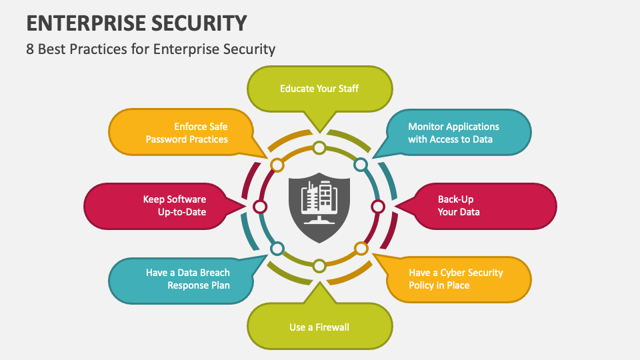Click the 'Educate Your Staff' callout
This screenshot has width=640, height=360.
tap(319, 88)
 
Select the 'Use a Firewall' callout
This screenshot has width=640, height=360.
tap(319, 327)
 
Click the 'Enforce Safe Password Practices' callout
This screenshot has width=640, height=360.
tap(180, 133)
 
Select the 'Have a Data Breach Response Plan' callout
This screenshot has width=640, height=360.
tap(180, 279)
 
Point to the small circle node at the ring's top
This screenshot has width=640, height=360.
tap(319, 148)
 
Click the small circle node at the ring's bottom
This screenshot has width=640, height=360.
tap(319, 266)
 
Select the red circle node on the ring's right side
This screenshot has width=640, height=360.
tap(378, 207)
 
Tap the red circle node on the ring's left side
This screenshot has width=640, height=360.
tap(261, 207)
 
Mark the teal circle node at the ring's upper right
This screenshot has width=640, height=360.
tap(361, 164)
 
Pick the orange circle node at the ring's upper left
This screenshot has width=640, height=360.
tap(277, 164)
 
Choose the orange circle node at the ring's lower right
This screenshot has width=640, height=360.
tap(361, 249)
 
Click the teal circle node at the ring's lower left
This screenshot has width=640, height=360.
tap(277, 249)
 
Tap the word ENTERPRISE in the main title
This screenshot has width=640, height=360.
tap(79, 23)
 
